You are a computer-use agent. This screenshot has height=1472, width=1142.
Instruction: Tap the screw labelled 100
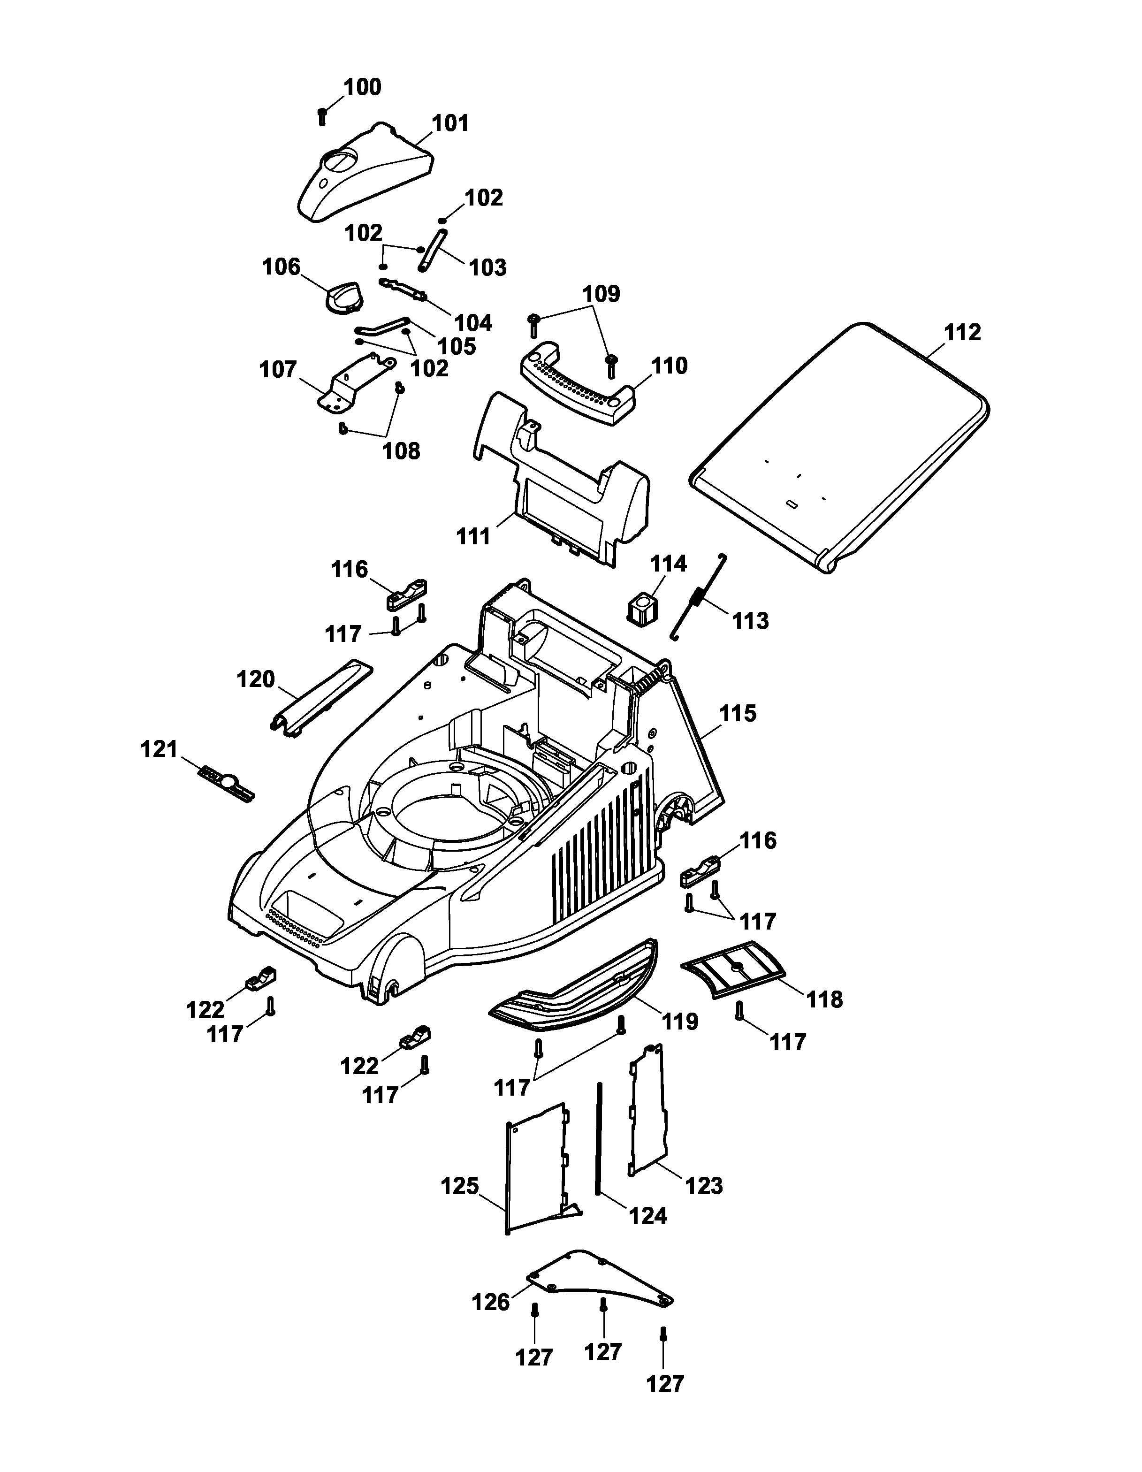click(x=322, y=116)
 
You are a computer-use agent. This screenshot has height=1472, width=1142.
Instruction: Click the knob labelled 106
click(x=343, y=297)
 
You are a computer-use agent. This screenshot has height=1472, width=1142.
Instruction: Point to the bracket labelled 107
click(x=355, y=381)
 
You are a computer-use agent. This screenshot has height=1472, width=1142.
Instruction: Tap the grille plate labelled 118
click(x=734, y=969)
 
